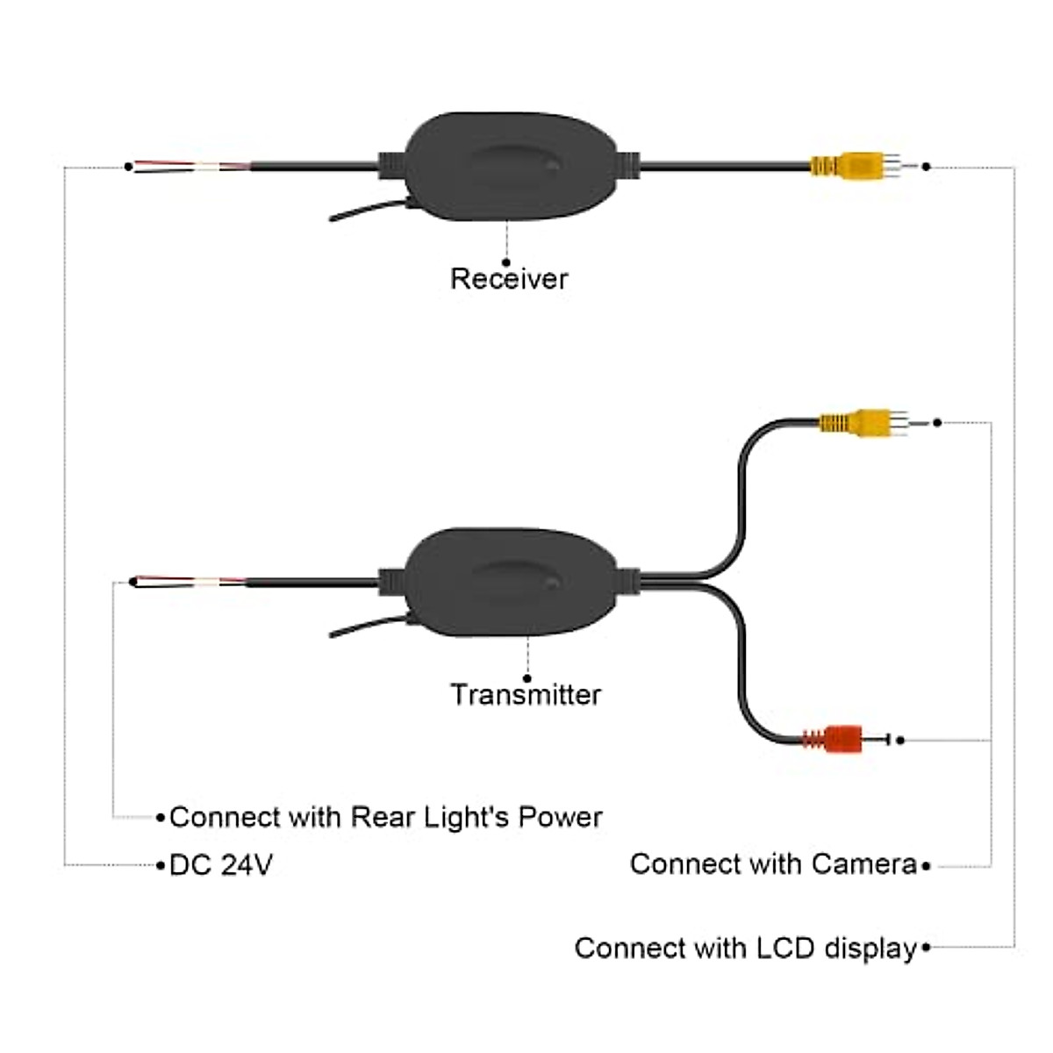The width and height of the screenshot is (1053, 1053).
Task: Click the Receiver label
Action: (x=509, y=279)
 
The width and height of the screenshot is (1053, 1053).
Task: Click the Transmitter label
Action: (x=526, y=695)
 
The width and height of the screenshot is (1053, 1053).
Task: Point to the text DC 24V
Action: (x=221, y=865)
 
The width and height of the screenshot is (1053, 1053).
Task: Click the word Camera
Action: (x=864, y=864)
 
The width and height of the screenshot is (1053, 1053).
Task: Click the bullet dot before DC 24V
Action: (x=161, y=866)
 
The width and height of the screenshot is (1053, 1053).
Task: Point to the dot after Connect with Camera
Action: (x=927, y=866)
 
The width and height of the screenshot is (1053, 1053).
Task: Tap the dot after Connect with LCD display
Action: (x=927, y=948)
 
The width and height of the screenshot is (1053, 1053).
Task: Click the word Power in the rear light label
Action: (x=561, y=818)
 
